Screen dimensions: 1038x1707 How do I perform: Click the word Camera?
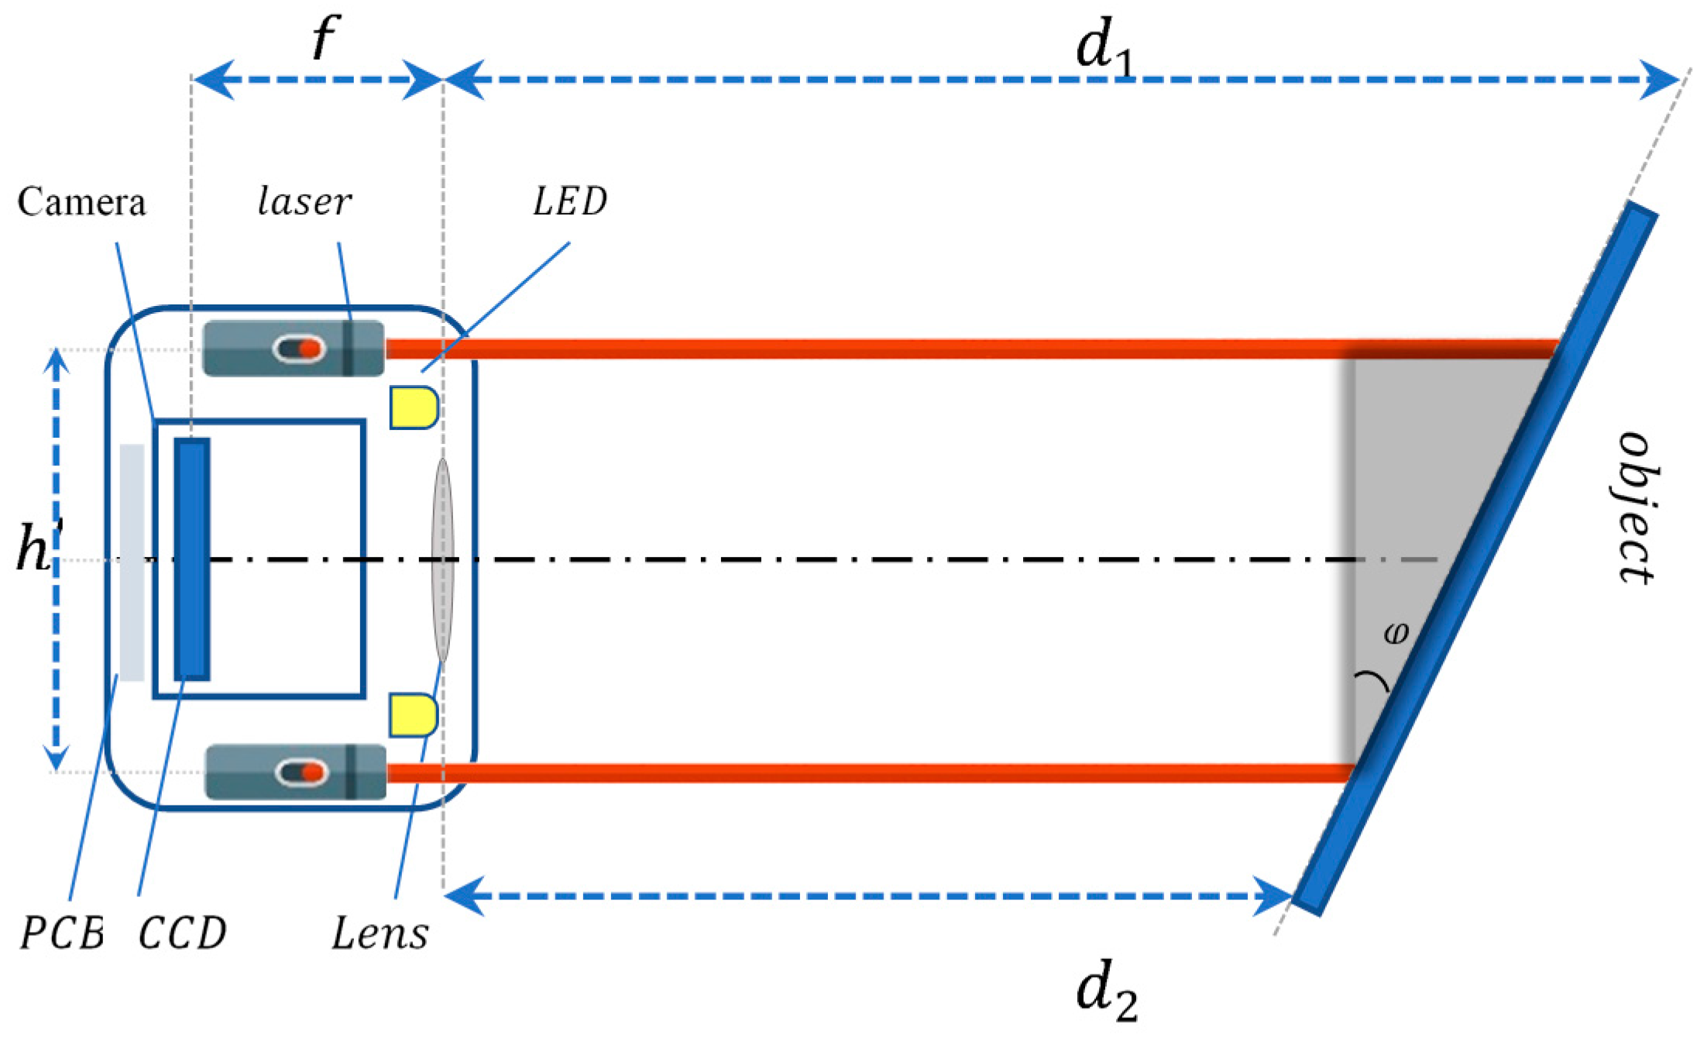(x=81, y=202)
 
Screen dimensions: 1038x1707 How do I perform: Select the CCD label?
(x=183, y=933)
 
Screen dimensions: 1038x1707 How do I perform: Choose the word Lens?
(x=380, y=933)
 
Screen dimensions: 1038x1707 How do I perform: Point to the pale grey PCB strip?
(x=132, y=562)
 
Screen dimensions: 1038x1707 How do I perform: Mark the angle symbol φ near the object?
(x=1396, y=633)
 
